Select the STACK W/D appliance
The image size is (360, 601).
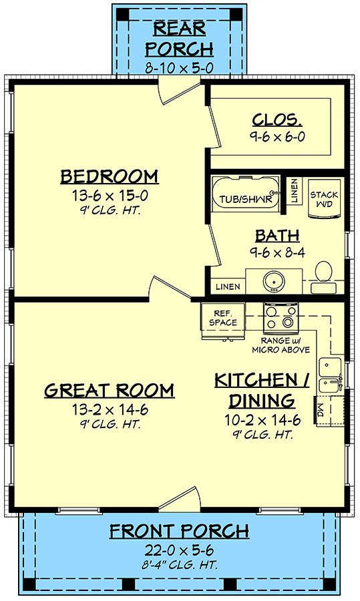[324, 199]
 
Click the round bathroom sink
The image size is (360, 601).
[274, 281]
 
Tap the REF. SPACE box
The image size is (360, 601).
[222, 318]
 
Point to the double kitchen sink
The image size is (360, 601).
[331, 375]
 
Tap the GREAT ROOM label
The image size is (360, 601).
[110, 390]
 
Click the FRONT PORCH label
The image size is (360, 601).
[179, 532]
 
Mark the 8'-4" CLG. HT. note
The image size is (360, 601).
[179, 564]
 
